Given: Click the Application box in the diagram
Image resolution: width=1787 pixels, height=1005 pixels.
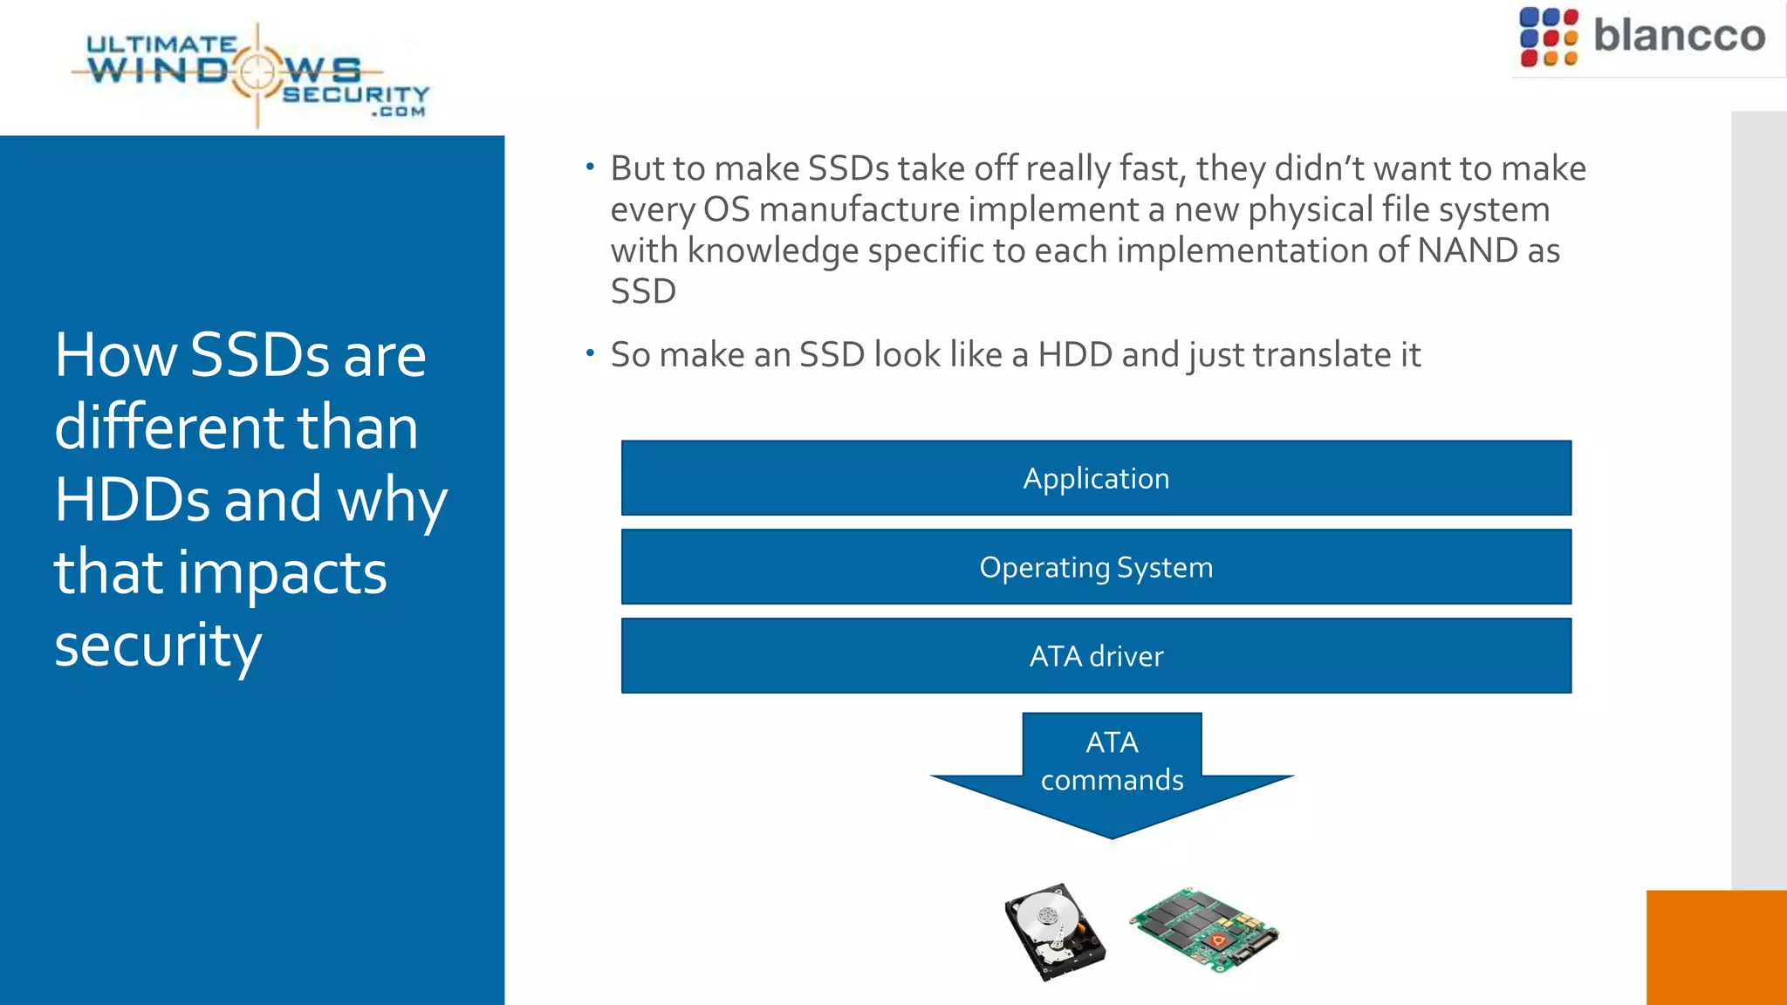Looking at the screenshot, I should point(1096,478).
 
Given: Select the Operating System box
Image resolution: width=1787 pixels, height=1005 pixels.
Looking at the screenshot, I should point(1096,567).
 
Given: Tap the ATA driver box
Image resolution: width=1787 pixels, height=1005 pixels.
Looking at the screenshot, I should point(1096,656).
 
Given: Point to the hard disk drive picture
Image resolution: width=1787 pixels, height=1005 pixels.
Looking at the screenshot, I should point(1054,932).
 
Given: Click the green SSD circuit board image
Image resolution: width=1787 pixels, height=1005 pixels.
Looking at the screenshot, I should point(1204,930).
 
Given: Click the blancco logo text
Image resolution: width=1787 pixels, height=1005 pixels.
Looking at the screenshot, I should point(1679,37).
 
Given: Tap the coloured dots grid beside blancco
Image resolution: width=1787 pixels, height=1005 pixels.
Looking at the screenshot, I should point(1548,37).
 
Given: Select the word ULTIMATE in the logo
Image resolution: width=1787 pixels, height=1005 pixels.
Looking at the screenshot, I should point(161,44).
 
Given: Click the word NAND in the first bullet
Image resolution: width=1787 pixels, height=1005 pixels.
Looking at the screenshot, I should point(1468,250).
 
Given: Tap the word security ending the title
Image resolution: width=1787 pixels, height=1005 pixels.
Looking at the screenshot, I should point(158,646).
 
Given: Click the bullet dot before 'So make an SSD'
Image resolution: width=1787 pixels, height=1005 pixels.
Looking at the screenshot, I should point(591,353).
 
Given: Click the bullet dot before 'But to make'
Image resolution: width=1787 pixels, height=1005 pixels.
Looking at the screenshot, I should point(591,167).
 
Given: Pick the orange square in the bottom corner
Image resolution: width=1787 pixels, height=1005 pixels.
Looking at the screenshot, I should point(1715,947).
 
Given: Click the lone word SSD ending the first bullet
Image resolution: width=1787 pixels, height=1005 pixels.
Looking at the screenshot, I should point(643,291).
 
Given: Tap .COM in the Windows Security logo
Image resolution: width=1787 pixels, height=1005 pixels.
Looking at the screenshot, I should point(398,112).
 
